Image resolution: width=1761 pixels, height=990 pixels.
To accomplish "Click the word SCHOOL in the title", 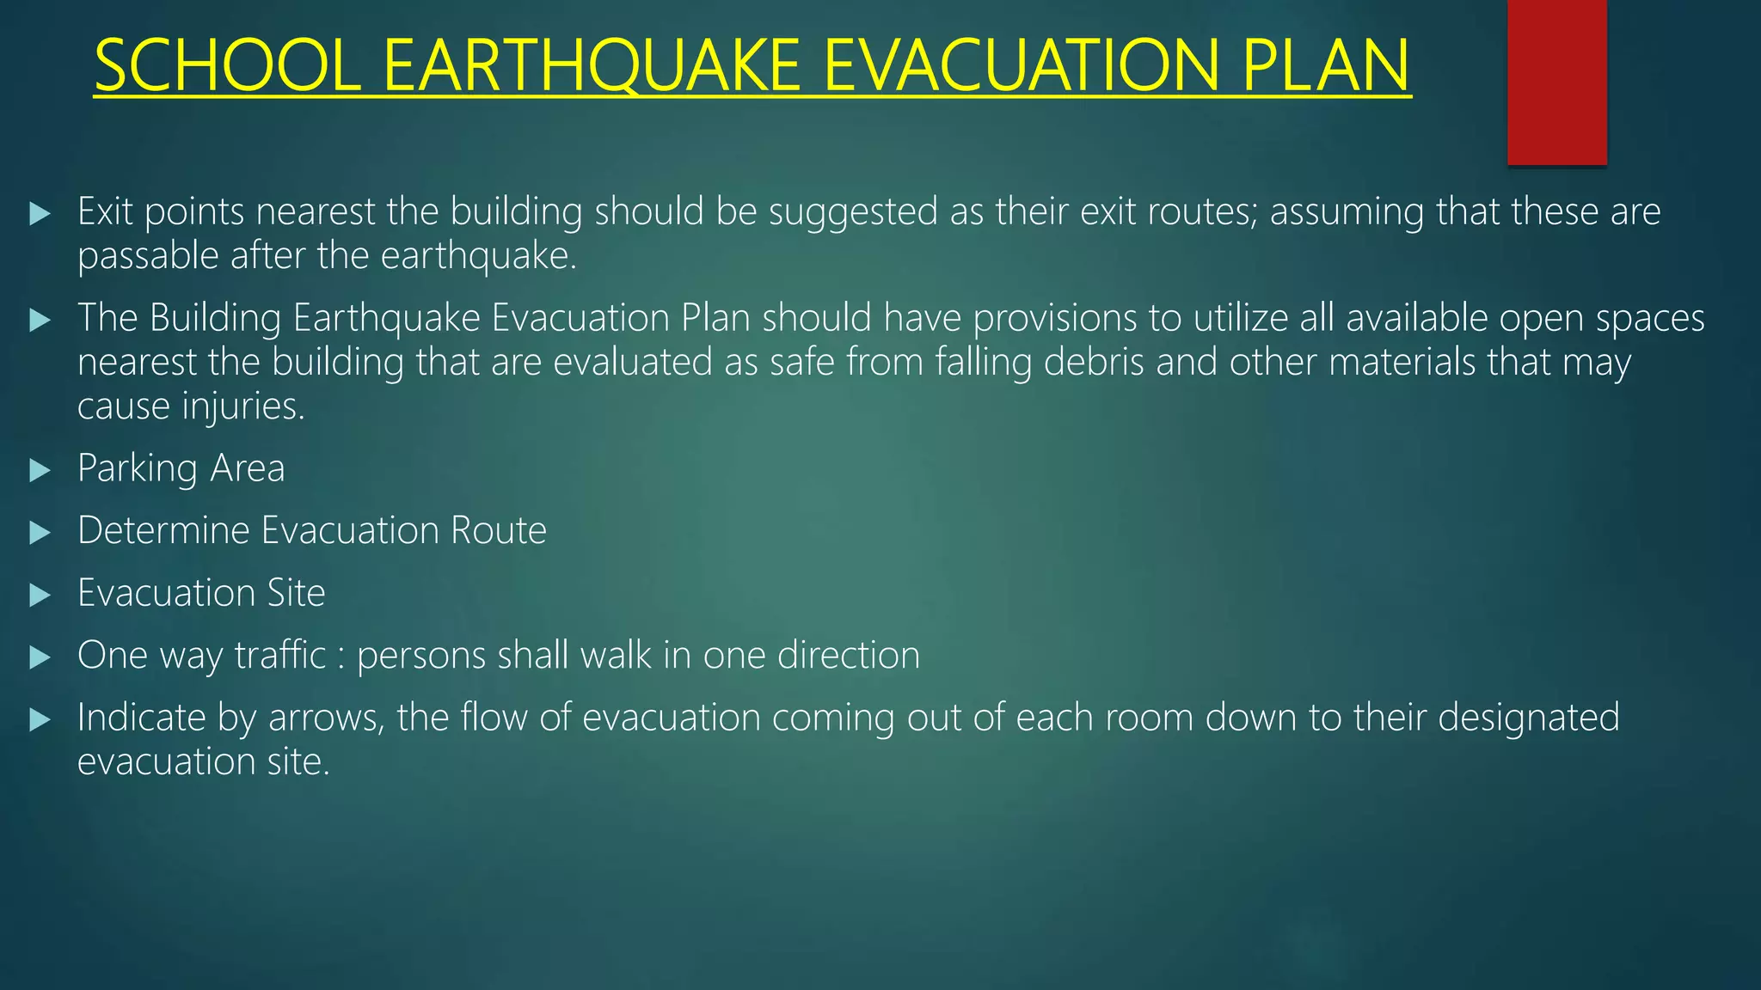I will [x=227, y=66].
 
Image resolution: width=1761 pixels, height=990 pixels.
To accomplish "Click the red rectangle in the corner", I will [x=1556, y=82].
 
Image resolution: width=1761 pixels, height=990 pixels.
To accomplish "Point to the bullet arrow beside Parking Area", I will [x=40, y=470].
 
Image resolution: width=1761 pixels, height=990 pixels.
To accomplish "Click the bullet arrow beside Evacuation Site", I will [x=40, y=595].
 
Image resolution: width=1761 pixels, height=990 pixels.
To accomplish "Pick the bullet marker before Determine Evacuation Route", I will [x=40, y=533].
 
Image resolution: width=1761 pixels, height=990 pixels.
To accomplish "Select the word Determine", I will [x=163, y=530].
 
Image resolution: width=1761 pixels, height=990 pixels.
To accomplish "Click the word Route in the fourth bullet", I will [x=499, y=530].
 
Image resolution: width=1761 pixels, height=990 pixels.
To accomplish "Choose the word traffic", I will [x=280, y=655].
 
